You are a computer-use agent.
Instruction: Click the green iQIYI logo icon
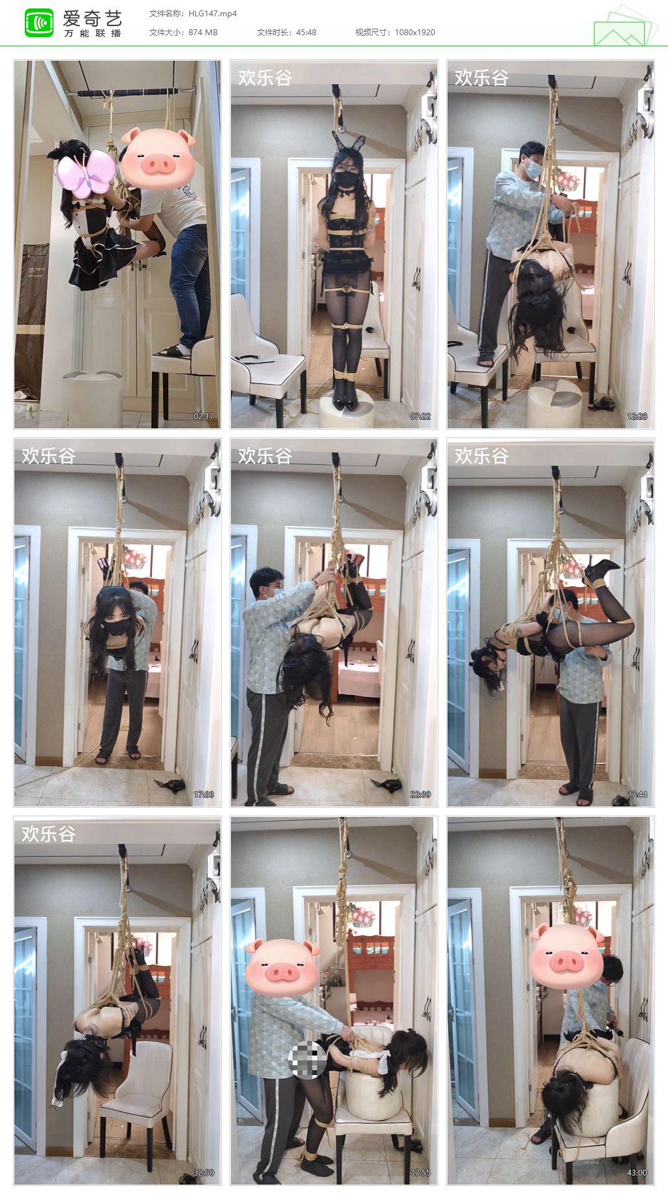(x=38, y=23)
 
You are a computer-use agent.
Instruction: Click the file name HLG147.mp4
(x=213, y=13)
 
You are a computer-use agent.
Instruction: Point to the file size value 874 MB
(x=203, y=32)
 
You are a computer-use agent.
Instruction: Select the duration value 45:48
(x=306, y=32)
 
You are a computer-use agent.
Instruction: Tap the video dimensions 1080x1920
(x=415, y=32)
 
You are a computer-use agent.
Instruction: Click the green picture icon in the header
(x=624, y=26)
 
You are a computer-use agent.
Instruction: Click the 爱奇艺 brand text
(x=93, y=18)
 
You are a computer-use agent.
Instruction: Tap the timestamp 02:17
(x=204, y=416)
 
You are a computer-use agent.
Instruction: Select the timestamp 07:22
(x=420, y=416)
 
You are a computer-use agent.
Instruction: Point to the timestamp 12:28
(x=637, y=416)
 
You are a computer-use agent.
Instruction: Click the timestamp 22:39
(x=420, y=794)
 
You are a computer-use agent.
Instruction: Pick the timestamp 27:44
(x=637, y=794)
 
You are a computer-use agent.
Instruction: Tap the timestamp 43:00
(x=637, y=1172)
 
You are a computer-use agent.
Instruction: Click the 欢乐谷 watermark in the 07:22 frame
(x=265, y=78)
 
